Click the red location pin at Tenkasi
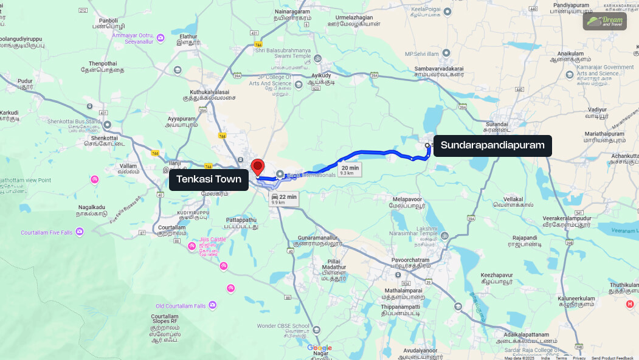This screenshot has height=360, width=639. (258, 167)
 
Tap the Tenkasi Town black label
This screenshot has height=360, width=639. (209, 179)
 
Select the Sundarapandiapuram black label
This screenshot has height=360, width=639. (492, 145)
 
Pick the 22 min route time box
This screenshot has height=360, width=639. (284, 199)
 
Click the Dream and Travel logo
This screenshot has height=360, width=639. (604, 21)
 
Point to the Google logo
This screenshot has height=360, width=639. (319, 348)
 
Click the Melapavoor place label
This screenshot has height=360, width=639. (407, 199)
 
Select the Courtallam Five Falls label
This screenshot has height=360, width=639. (47, 233)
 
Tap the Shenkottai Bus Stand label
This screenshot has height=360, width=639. (76, 122)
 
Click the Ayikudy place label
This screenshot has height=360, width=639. (321, 75)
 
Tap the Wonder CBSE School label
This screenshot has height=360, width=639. (283, 326)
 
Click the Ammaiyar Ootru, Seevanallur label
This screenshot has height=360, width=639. (133, 38)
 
